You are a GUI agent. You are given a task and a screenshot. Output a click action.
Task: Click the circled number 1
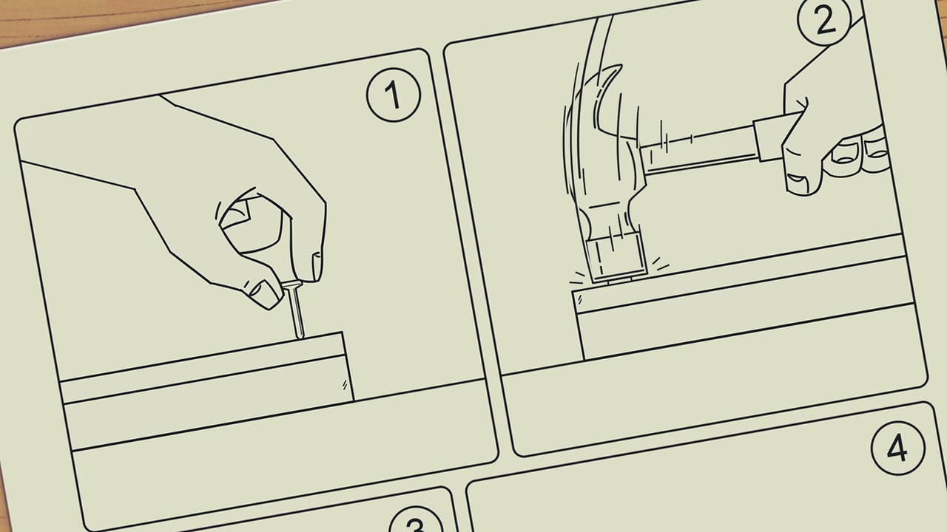[x=393, y=95]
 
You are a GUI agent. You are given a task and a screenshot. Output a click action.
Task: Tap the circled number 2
[x=824, y=19]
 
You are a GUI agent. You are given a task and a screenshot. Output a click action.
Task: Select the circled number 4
[x=897, y=449]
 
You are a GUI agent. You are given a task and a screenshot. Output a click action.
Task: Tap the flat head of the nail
[x=291, y=284]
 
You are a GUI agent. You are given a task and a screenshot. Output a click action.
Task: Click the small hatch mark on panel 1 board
[x=345, y=385]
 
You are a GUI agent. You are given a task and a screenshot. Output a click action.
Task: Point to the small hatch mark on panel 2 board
[x=580, y=300]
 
